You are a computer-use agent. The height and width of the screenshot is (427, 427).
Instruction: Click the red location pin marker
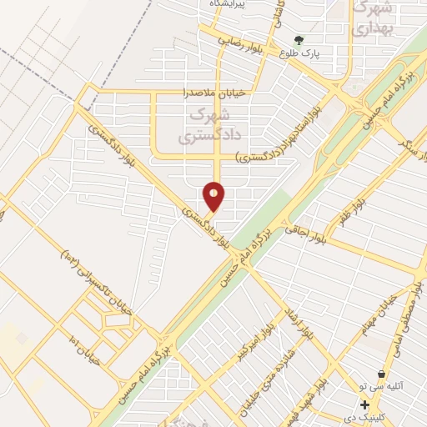point(214,197)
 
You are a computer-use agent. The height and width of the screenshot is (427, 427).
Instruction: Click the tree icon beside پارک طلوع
point(299,38)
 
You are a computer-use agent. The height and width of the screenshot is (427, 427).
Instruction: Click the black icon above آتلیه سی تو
point(381,374)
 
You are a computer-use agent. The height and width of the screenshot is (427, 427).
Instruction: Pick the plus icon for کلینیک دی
point(365,404)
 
